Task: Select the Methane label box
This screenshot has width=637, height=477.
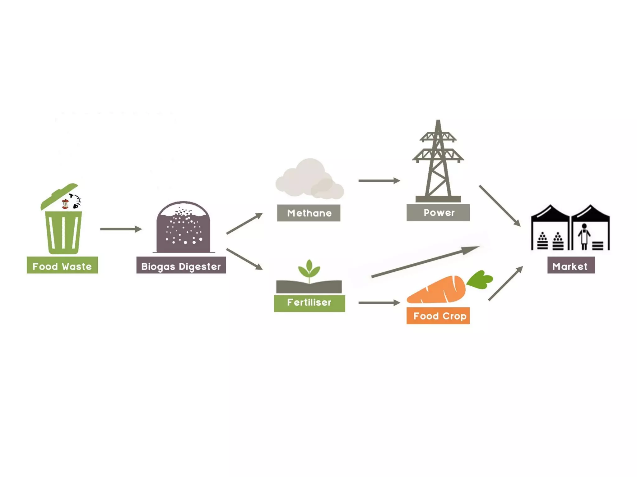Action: (x=309, y=213)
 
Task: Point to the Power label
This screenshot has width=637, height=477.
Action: (x=438, y=212)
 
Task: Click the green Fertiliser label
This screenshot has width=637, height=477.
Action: (x=309, y=303)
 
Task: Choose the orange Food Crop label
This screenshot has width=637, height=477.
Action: (x=438, y=316)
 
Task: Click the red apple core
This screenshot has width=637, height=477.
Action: (x=65, y=204)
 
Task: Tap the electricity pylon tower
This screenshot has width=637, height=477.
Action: (x=438, y=161)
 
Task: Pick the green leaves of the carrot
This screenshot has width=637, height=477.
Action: (x=480, y=279)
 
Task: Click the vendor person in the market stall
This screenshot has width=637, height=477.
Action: (x=584, y=236)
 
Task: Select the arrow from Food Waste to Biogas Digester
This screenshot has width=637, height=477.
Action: (x=121, y=229)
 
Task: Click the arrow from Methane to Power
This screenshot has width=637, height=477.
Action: (x=379, y=180)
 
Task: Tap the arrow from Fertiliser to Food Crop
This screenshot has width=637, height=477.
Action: (x=379, y=302)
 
